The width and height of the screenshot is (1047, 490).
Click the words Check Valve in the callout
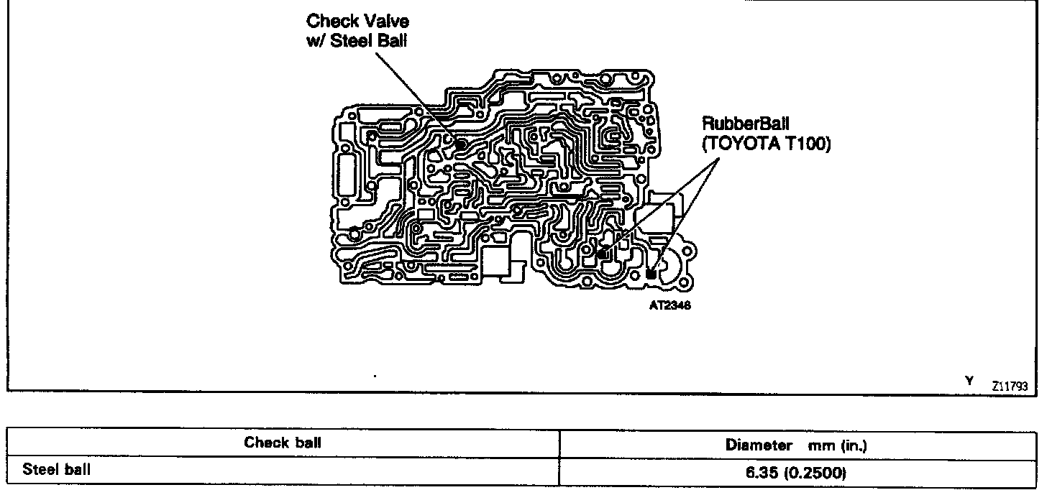357,23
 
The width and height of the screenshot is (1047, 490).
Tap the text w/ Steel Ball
357,41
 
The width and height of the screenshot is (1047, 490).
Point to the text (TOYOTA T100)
767,144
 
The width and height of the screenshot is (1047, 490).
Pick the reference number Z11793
1010,386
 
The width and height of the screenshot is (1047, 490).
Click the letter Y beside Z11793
969,381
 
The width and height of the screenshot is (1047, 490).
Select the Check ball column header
283,443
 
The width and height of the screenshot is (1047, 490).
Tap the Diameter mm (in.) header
796,445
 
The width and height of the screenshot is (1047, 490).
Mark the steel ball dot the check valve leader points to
460,146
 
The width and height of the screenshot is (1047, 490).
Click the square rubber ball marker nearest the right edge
651,274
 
